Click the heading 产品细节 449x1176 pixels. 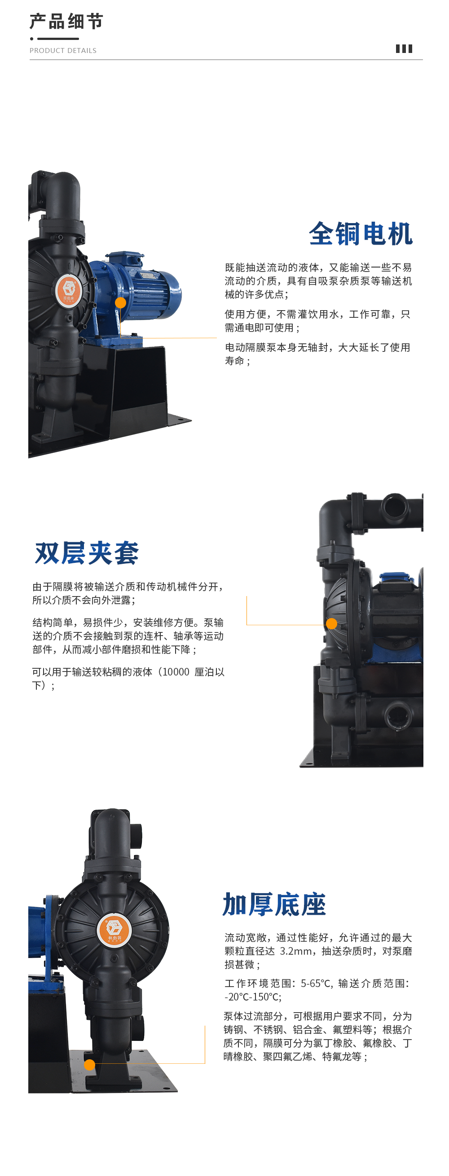67,22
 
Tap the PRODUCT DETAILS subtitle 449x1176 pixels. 63,51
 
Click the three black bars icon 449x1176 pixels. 404,49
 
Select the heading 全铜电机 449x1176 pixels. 361,234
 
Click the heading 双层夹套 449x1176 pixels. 87,553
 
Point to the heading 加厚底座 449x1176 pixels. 274,904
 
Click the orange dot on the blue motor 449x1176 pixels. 121,303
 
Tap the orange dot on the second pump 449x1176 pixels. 332,623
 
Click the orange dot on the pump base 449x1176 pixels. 89,1065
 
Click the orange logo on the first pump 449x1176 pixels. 69,290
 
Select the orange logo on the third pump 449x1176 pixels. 114,930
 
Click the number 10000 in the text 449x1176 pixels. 176,672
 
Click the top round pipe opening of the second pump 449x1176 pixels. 396,507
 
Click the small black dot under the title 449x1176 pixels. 31,39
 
